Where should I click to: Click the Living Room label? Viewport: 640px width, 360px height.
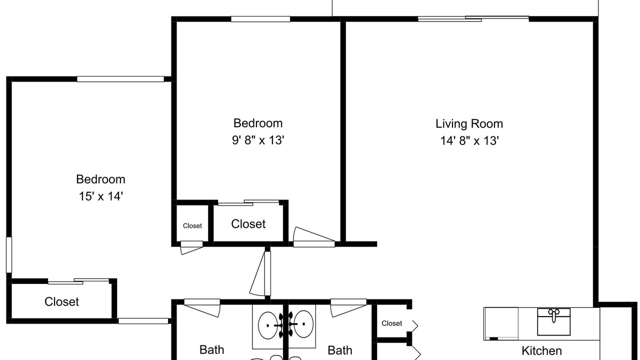(x=469, y=123)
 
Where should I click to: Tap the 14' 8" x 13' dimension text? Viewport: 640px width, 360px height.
(x=469, y=140)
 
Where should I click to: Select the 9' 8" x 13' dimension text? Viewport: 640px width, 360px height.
(x=258, y=140)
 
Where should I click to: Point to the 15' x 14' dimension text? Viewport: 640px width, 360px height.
(x=101, y=196)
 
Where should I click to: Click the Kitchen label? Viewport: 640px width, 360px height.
(x=541, y=350)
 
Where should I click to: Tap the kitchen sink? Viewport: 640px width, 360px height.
(x=553, y=321)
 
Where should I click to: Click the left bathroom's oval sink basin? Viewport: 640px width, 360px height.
(x=267, y=325)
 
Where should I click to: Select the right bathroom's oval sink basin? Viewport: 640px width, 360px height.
(x=303, y=324)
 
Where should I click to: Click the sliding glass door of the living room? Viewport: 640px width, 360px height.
(x=473, y=19)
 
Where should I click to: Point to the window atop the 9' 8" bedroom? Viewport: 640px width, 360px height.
(x=260, y=19)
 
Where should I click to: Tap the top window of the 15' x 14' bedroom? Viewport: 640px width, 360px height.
(x=120, y=79)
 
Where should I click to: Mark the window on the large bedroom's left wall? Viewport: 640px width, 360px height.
(x=9, y=255)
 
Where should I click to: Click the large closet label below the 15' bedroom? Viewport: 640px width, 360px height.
(x=61, y=301)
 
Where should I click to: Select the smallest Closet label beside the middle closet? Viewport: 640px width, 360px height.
(x=192, y=225)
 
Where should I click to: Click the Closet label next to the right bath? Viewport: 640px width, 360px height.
(x=391, y=323)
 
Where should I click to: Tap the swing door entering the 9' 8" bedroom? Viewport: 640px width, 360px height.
(x=313, y=237)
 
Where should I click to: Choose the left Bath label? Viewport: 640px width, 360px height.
(x=211, y=349)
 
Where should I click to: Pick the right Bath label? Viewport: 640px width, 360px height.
(x=339, y=350)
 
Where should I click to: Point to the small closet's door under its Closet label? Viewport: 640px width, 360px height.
(x=191, y=247)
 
